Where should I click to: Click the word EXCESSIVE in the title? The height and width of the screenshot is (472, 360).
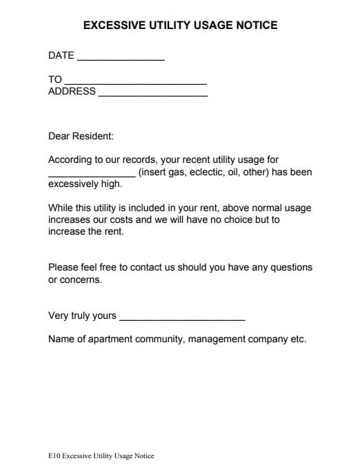[x=111, y=26]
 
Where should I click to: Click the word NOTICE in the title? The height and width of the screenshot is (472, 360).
[x=255, y=26]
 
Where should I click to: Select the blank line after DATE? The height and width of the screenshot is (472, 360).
[x=121, y=59]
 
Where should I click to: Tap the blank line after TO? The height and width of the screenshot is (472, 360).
[x=135, y=83]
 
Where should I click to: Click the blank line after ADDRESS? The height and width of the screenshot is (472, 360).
[x=152, y=95]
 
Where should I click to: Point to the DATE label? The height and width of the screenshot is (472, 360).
[x=61, y=55]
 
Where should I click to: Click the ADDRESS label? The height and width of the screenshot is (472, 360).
[x=72, y=91]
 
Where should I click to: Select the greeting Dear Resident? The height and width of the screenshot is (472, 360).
[x=81, y=137]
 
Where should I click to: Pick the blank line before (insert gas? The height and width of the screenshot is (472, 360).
[x=92, y=175]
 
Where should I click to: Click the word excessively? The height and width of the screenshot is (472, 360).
[x=76, y=184]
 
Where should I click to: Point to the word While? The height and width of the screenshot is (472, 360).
[x=61, y=208]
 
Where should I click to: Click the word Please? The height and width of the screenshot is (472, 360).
[x=65, y=267]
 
